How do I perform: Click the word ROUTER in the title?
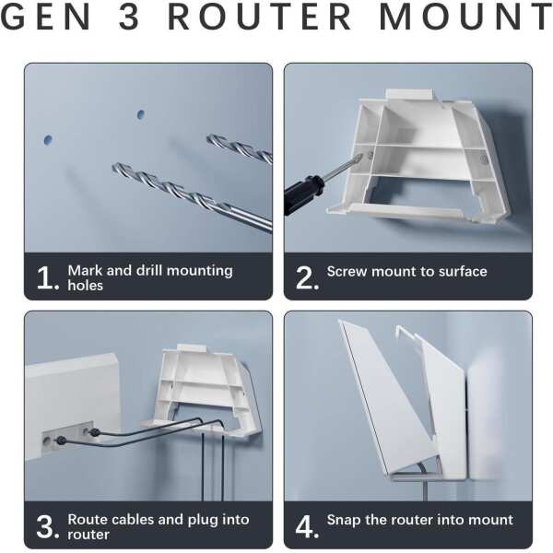(259, 17)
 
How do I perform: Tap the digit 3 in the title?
(129, 17)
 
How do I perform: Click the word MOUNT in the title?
(465, 17)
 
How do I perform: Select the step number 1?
(48, 278)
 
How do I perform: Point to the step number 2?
(307, 278)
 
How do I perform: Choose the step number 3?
(48, 526)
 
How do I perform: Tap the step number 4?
(307, 526)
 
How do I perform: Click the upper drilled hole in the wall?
(141, 114)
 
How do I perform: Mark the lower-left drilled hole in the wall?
(48, 140)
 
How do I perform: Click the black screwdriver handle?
(302, 194)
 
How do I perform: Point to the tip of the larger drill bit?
(113, 167)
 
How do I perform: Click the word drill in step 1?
(148, 270)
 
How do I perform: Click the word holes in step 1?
(86, 286)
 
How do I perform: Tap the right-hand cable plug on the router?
(95, 432)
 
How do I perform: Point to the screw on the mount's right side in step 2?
(484, 159)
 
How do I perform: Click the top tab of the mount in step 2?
(411, 95)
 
